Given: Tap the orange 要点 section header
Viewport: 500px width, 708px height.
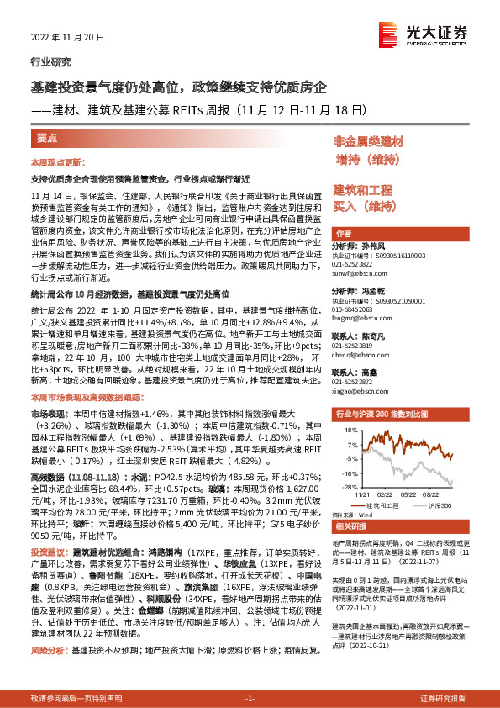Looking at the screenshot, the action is click(x=48, y=137).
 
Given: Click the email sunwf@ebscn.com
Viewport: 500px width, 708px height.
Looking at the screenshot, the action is click(x=358, y=274).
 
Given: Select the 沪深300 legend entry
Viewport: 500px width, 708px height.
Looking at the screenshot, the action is click(x=432, y=505).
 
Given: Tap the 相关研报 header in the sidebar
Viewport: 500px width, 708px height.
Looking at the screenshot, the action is click(x=350, y=526).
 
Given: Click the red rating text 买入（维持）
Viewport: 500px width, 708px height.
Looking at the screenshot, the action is click(x=363, y=205).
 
